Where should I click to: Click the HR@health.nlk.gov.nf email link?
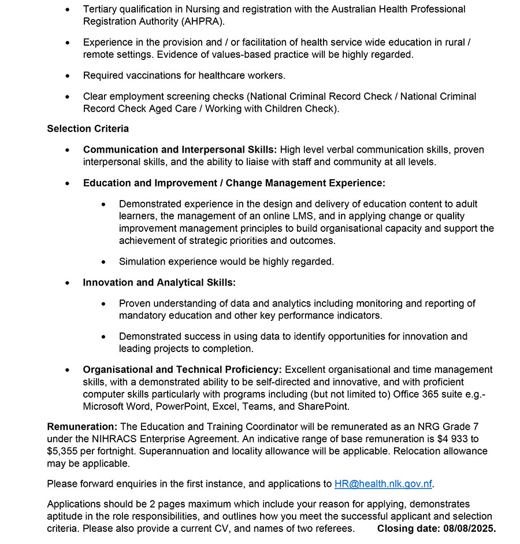tap(383, 484)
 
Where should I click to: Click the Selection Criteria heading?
tap(88, 128)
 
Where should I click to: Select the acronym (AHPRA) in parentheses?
tap(202, 21)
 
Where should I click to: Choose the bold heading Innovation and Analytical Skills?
tap(159, 282)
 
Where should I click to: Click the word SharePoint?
tap(321, 406)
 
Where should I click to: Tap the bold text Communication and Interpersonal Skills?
tap(180, 150)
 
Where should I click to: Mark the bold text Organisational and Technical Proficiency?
tap(182, 369)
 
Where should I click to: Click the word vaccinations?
tap(157, 75)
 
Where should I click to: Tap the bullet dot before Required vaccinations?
tap(68, 76)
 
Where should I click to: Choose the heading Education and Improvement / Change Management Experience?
tap(234, 183)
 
